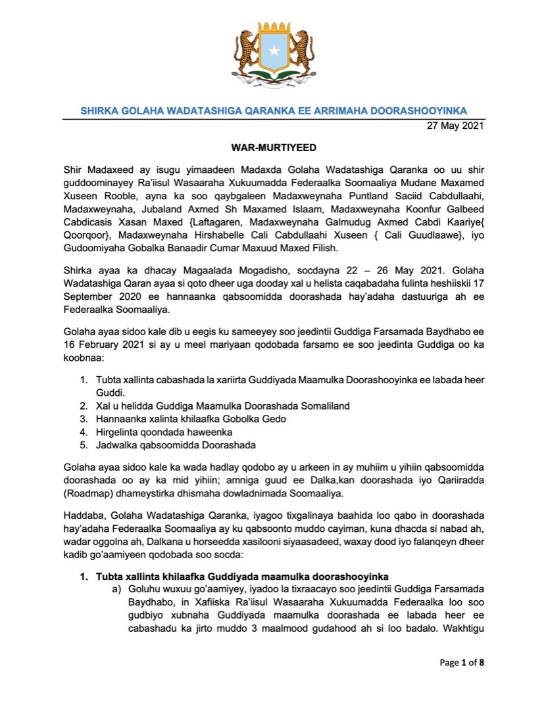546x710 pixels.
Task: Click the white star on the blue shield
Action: coord(273,51)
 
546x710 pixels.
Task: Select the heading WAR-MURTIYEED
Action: coord(273,149)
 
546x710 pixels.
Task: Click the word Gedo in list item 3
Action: coord(275,419)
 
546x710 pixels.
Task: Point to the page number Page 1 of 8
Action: coord(462,662)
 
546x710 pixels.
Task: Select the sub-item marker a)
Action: coord(118,590)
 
